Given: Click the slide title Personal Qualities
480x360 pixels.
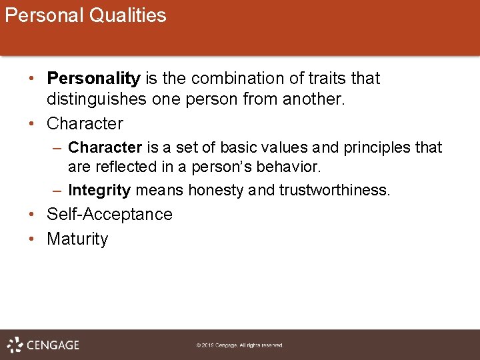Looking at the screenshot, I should click(x=85, y=15).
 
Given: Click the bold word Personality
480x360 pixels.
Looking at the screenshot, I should click(x=93, y=79).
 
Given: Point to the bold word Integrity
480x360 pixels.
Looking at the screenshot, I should click(x=99, y=190).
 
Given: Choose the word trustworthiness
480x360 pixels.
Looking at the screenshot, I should click(x=333, y=190).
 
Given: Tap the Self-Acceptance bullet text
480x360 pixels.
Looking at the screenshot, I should click(x=109, y=215).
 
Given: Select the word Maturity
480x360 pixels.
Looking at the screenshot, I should click(x=77, y=239).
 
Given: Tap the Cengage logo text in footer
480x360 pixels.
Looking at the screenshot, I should click(x=53, y=345).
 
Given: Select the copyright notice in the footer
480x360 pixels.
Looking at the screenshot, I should click(x=240, y=345).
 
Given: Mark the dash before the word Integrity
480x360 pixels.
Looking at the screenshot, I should click(x=58, y=190).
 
